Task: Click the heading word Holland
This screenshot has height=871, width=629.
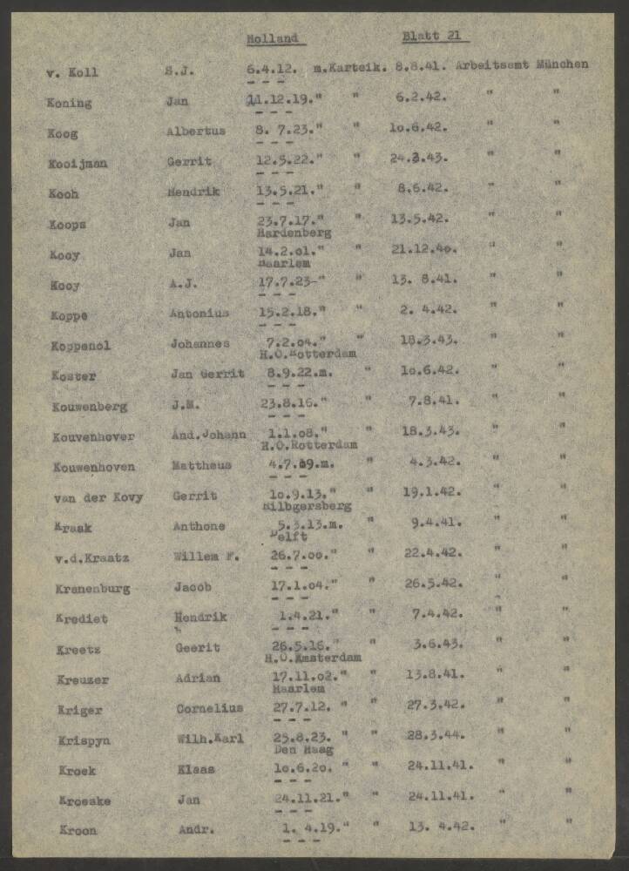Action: click(272, 38)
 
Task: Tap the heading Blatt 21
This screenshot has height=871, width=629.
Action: click(434, 37)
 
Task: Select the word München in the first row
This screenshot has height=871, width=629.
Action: click(562, 64)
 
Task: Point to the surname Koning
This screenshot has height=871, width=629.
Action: click(69, 103)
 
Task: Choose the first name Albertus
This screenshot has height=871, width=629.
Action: click(196, 132)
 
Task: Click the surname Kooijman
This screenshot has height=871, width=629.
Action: click(78, 163)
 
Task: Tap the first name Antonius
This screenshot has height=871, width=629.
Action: click(200, 314)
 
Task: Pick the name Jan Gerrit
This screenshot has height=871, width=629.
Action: click(207, 374)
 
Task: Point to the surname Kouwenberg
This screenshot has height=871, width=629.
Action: click(89, 406)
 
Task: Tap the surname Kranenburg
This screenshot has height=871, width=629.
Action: click(91, 588)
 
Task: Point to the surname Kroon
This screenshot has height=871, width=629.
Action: click(78, 830)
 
